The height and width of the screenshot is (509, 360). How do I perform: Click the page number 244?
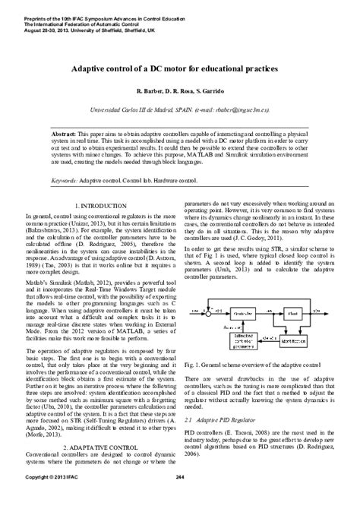[179, 498]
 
